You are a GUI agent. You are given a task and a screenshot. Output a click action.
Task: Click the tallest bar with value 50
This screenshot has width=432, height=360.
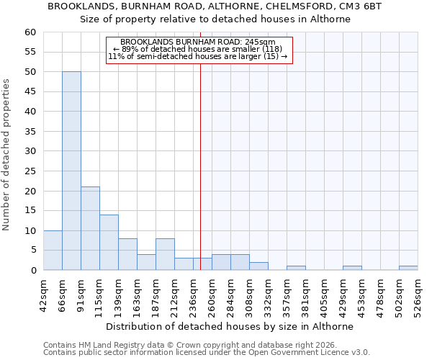[x=71, y=171]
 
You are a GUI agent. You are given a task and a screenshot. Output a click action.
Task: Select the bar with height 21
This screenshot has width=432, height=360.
[x=90, y=228]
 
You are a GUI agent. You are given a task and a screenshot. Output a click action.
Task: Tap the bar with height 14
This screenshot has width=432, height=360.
[x=109, y=242]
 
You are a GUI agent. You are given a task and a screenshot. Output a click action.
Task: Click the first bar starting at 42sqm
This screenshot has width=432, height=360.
[x=53, y=251]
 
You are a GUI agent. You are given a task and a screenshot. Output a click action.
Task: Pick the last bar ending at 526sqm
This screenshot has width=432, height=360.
[x=408, y=268]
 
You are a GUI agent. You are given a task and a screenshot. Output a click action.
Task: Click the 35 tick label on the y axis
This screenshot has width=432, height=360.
[x=30, y=132]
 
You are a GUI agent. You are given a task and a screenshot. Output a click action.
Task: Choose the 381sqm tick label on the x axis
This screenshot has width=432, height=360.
[x=306, y=294]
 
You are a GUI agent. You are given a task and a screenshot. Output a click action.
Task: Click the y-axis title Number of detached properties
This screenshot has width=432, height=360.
[x=7, y=155]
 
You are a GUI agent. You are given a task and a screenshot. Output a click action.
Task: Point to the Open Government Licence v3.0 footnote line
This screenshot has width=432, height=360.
[x=207, y=352]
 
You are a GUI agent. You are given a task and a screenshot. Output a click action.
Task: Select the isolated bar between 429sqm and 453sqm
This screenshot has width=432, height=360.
[x=352, y=268]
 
